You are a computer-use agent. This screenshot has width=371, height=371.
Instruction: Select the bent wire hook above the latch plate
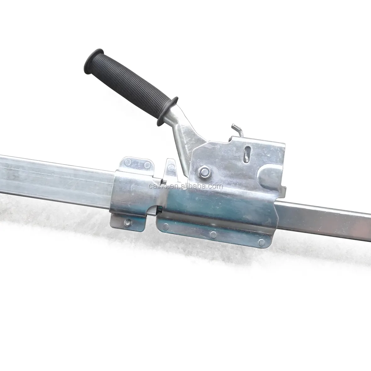click(237, 130)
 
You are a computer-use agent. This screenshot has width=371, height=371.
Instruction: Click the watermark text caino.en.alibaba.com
click(186, 186)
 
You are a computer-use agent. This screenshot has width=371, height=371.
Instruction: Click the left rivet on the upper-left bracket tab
click(128, 162)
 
